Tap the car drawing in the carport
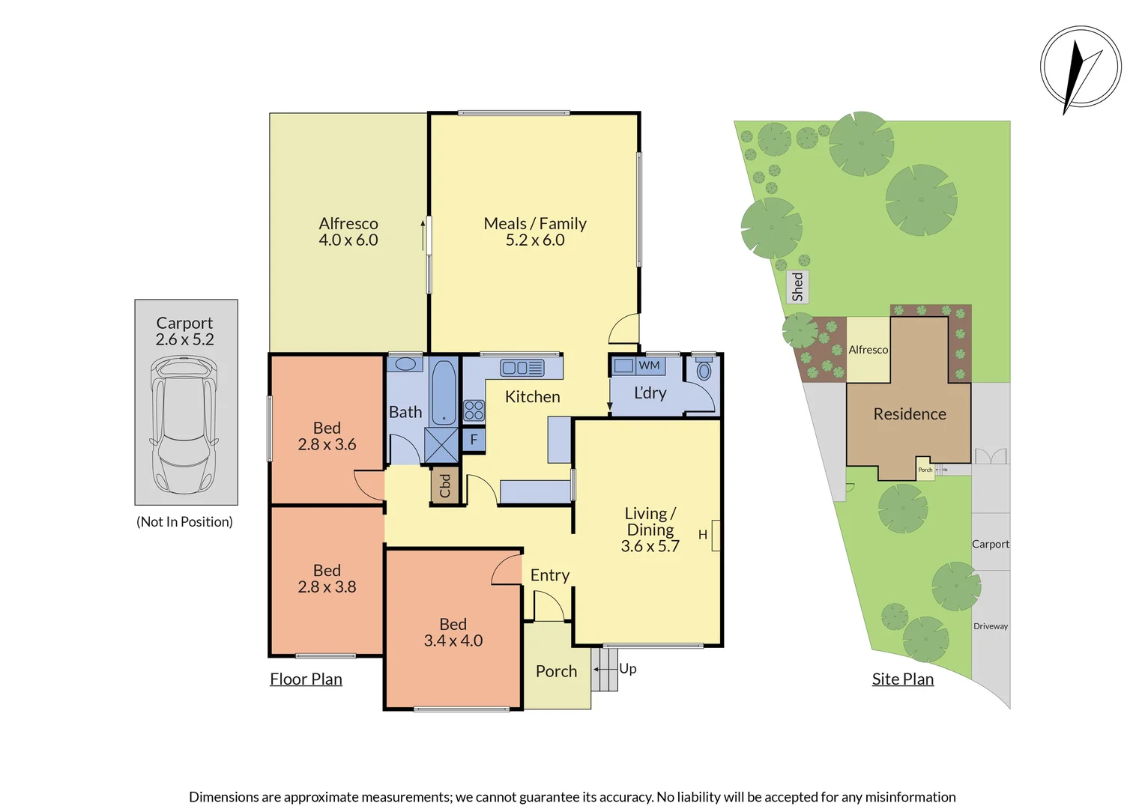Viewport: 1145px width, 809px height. tap(184, 425)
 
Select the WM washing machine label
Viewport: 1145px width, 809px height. tap(649, 366)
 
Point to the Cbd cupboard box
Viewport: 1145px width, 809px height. tap(444, 485)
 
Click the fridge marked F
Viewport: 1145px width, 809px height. tap(474, 440)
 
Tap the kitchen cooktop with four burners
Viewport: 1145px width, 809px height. tap(474, 410)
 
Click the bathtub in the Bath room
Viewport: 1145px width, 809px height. tap(444, 393)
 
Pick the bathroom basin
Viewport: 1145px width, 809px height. tap(405, 365)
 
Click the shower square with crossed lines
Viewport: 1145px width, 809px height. tap(441, 445)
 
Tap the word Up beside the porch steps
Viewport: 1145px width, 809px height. tap(628, 668)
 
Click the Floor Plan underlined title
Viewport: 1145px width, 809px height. tap(306, 679)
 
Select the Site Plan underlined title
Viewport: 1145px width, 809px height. tap(902, 679)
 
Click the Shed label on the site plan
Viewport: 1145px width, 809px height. tap(798, 287)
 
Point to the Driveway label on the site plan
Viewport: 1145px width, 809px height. tap(990, 626)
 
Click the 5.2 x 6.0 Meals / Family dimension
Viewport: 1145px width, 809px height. tap(535, 240)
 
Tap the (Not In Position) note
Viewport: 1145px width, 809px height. tap(184, 522)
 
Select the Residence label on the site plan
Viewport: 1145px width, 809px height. tap(909, 414)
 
